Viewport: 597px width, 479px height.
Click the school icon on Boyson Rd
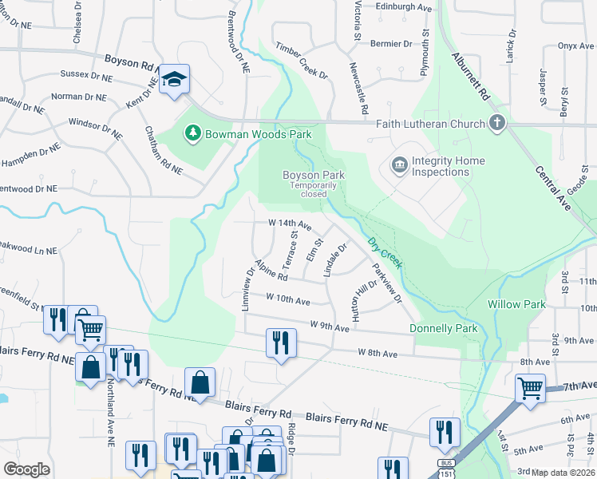pos(174,79)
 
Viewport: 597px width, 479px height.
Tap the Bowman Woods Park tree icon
pos(192,133)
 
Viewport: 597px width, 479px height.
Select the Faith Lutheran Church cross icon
pos(497,123)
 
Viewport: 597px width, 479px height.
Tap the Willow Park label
pos(516,304)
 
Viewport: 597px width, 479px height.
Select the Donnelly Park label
pos(443,328)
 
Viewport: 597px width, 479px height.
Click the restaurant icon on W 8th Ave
pos(280,342)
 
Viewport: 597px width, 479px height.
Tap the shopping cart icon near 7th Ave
pos(530,389)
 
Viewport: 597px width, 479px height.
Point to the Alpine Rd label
pos(271,271)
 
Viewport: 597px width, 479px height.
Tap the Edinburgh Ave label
pos(404,7)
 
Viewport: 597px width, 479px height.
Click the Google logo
pos(26,469)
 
